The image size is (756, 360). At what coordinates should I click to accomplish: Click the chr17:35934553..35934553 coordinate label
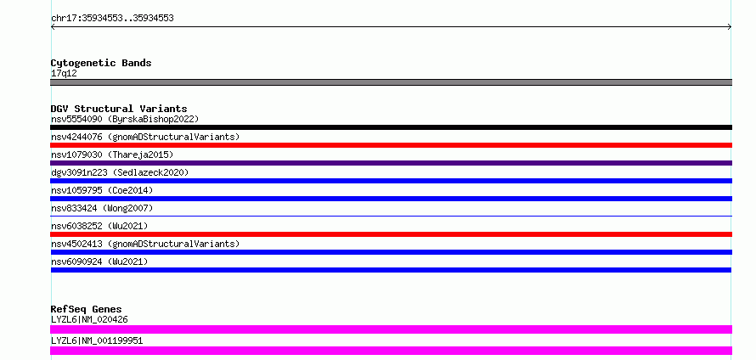click(112, 19)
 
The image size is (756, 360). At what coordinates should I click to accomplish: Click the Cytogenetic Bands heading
click(101, 63)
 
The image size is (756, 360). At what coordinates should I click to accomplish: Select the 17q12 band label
click(64, 74)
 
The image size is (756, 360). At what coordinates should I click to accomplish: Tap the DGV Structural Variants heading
click(119, 109)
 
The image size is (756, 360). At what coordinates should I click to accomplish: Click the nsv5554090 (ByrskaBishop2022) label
click(125, 119)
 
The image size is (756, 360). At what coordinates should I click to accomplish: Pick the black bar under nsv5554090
click(391, 127)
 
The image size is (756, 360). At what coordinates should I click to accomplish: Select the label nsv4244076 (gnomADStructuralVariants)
click(145, 137)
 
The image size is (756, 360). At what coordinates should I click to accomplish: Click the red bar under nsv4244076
click(391, 145)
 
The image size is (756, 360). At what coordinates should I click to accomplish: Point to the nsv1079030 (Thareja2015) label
click(112, 155)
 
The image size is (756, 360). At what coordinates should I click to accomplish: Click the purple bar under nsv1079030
click(391, 163)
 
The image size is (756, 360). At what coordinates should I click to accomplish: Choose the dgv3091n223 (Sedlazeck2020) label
click(120, 172)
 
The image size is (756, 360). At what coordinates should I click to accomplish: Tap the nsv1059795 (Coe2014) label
click(102, 190)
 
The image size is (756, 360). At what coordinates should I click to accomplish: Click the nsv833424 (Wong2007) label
click(102, 208)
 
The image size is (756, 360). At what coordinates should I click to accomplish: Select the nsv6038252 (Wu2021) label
click(99, 226)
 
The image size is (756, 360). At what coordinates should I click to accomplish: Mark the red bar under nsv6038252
click(391, 234)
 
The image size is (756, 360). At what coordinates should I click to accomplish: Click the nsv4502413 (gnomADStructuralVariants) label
click(145, 244)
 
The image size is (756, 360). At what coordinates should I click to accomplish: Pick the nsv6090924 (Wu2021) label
click(99, 262)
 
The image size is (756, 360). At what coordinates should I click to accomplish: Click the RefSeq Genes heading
click(87, 309)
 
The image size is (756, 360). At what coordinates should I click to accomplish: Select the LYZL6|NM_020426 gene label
click(89, 319)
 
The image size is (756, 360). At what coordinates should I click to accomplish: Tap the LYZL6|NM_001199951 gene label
click(97, 340)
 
